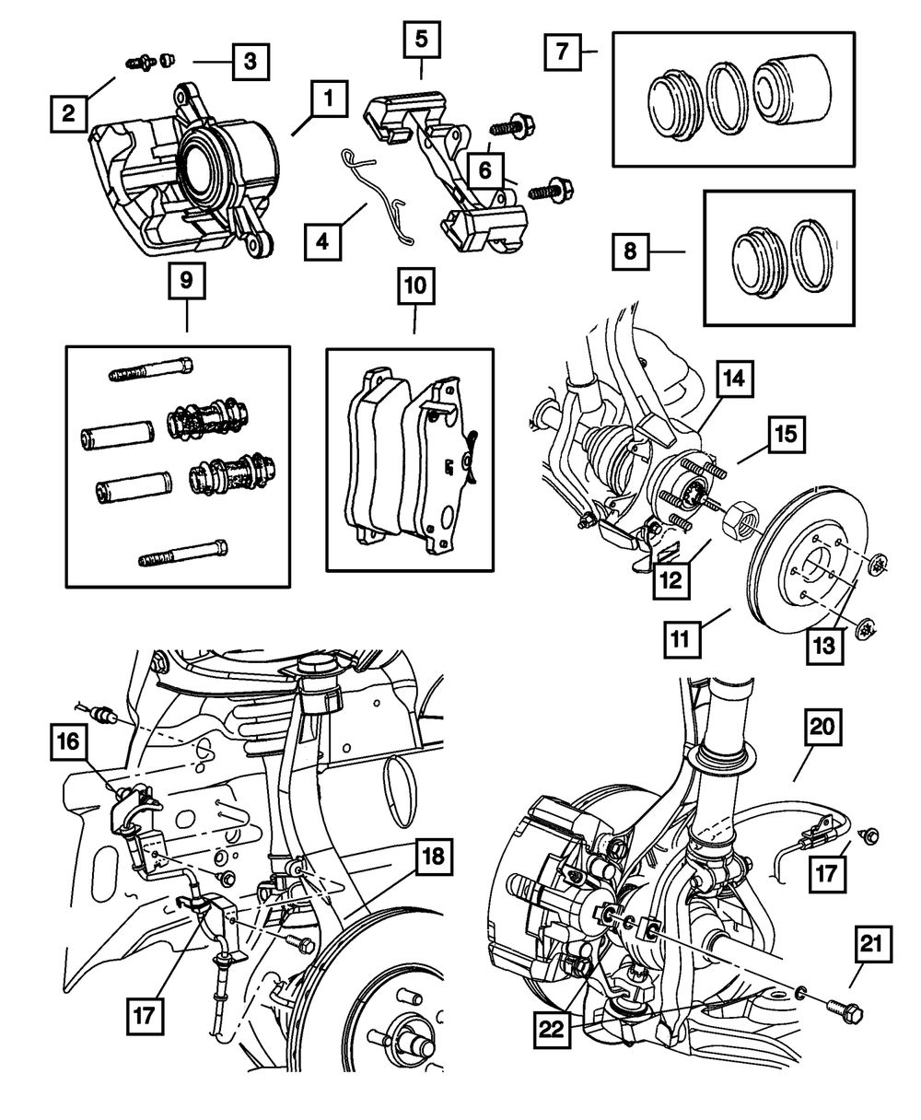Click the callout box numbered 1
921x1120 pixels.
pyautogui.click(x=329, y=98)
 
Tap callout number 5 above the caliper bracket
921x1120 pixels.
pyautogui.click(x=421, y=41)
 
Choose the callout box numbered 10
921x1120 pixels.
pyautogui.click(x=414, y=287)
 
